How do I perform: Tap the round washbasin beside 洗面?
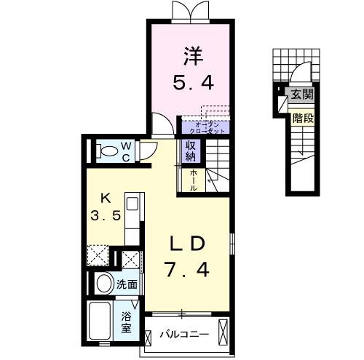pyautogui.click(x=105, y=284)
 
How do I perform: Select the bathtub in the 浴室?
pyautogui.click(x=100, y=321)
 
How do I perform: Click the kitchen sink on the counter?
pyautogui.click(x=132, y=204)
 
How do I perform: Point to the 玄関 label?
pyautogui.click(x=302, y=94)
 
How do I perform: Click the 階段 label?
pyautogui.click(x=303, y=119)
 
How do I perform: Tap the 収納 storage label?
pyautogui.click(x=191, y=151)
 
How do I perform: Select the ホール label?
pyautogui.click(x=194, y=180)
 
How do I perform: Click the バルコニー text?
pyautogui.click(x=184, y=335)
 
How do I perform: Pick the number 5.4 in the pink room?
pyautogui.click(x=194, y=82)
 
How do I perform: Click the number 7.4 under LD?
pyautogui.click(x=186, y=269)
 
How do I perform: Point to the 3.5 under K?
pyautogui.click(x=106, y=215)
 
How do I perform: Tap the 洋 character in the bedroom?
pyautogui.click(x=194, y=56)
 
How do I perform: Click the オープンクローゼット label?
pyautogui.click(x=207, y=128)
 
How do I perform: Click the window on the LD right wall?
pyautogui.click(x=232, y=244)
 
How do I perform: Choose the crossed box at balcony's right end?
pyautogui.click(x=223, y=332)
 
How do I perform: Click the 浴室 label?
pyautogui.click(x=126, y=322)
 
